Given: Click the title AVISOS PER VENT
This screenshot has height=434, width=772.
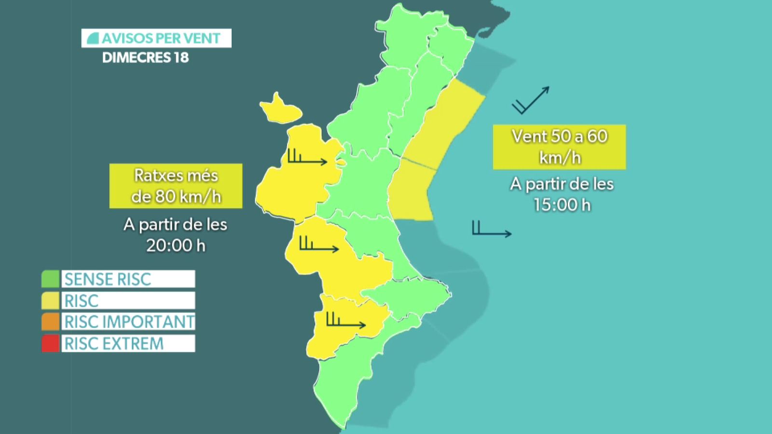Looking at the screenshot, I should coord(156,38).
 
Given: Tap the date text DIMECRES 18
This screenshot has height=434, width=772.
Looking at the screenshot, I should coord(145,58).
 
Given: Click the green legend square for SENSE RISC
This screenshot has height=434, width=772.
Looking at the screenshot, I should coord(50,279).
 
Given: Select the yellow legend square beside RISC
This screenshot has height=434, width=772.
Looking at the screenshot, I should coord(50,300).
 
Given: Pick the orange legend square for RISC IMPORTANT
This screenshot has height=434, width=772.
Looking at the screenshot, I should coord(50,322).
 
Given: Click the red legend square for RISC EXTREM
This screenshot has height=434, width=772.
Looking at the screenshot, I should coord(50,343).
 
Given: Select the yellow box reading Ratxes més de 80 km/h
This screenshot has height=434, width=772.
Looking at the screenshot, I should coord(176,186).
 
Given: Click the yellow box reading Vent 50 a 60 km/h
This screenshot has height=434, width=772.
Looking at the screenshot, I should coord(559,147).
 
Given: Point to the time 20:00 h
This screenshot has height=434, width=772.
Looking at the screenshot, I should coord(176,245).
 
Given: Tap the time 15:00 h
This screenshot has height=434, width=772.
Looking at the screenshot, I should coord(562,205).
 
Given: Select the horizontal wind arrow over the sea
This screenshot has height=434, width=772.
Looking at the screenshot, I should coord(492,230).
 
